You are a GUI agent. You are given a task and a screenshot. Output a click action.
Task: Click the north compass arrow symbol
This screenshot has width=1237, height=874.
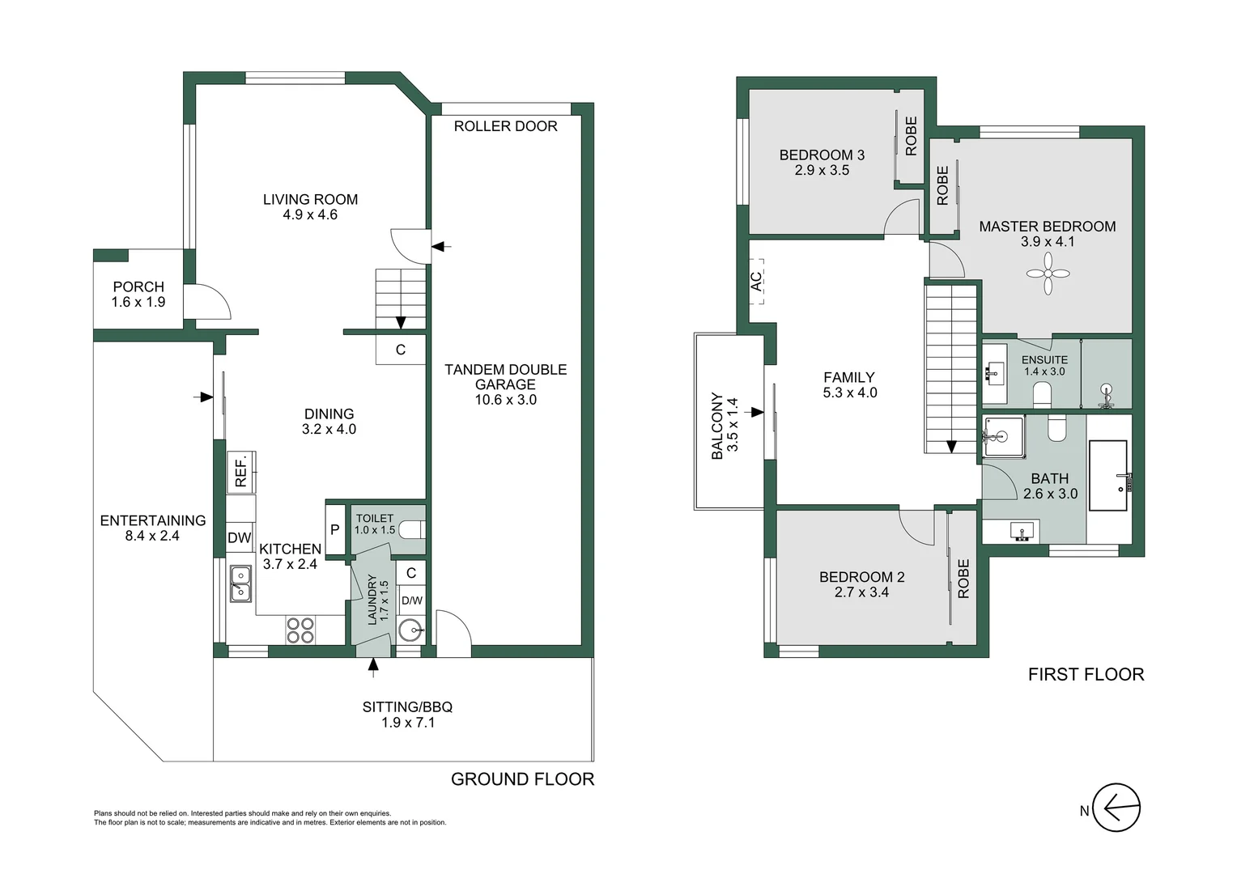(1116, 808)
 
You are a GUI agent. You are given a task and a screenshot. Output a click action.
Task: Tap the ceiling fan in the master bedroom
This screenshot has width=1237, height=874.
(1048, 273)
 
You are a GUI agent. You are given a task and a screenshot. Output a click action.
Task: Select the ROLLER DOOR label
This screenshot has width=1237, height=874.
(505, 126)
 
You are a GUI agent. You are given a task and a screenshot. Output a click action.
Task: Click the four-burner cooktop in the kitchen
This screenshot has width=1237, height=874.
(300, 630)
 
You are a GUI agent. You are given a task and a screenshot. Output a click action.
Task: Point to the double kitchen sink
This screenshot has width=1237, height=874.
(240, 583)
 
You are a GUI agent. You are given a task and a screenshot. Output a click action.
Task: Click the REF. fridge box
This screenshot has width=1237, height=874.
(241, 472)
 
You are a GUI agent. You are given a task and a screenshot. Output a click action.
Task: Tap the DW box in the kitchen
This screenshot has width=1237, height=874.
(239, 538)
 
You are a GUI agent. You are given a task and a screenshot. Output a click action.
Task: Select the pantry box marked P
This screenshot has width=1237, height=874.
(335, 531)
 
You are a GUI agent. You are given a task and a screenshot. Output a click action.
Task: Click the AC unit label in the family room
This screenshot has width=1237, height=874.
(756, 281)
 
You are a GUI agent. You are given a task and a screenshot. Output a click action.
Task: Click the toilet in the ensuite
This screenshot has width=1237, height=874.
(1042, 394)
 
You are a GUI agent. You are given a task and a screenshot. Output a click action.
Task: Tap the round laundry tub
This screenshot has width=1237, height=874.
(412, 629)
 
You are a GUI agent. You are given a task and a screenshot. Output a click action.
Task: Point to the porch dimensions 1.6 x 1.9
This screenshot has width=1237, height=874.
(138, 302)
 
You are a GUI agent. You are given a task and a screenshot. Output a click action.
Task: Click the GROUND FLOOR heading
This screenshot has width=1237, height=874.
(522, 779)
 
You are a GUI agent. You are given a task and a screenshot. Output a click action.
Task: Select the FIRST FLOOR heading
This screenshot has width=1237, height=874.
(1086, 675)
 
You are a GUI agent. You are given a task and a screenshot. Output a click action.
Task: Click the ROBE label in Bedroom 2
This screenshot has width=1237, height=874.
(963, 579)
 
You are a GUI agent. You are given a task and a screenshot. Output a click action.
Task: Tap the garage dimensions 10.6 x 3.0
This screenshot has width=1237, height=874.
(505, 400)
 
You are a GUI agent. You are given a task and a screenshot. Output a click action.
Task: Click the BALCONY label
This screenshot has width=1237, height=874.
(717, 426)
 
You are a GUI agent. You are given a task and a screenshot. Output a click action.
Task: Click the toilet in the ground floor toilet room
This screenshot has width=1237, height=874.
(412, 531)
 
